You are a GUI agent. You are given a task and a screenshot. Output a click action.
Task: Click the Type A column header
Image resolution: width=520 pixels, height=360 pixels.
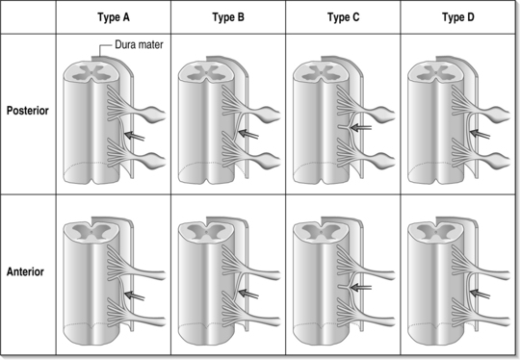tap(114, 17)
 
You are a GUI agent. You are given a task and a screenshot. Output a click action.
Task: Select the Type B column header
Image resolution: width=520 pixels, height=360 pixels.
tap(228, 17)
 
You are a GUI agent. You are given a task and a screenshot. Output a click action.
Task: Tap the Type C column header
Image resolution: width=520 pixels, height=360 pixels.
tap(343, 17)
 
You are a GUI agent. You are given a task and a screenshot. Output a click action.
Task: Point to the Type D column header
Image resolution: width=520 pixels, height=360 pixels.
tap(458, 17)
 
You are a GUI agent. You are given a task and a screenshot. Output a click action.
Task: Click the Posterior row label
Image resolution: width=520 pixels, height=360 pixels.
tap(28, 111)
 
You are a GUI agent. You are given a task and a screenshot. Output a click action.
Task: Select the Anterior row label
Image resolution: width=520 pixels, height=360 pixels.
tap(25, 271)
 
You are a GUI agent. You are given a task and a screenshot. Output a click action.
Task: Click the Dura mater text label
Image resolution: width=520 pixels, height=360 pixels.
tap(139, 44)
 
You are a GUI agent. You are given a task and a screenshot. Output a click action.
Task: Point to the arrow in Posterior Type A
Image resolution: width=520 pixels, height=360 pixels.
tap(134, 136)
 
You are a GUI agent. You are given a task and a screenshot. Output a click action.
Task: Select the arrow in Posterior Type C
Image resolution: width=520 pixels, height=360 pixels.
tap(361, 127)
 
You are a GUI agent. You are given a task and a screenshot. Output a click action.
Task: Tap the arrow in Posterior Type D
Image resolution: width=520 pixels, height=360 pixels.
tap(480, 134)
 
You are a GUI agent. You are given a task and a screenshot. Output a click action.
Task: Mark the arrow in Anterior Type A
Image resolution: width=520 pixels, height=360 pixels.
tap(134, 296)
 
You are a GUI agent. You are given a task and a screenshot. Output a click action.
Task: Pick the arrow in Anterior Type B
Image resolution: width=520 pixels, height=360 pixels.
tap(248, 294)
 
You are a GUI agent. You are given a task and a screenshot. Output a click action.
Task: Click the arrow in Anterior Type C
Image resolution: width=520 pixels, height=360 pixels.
tap(361, 288)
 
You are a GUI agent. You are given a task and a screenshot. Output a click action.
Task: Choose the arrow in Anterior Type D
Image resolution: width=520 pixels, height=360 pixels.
tap(480, 294)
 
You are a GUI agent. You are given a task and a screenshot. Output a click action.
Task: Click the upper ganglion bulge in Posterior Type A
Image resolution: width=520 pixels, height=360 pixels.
tap(153, 114)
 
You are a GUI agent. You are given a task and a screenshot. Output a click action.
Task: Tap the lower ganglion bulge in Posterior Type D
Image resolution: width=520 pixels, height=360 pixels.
tap(498, 161)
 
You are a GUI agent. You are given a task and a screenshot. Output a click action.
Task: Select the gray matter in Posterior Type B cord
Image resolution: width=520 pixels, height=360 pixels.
tap(205, 73)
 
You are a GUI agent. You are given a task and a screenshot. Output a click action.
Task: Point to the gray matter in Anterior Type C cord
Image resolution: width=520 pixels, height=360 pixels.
tap(321, 231)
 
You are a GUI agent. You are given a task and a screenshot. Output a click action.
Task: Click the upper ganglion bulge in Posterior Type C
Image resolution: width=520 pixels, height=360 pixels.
tap(382, 114)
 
